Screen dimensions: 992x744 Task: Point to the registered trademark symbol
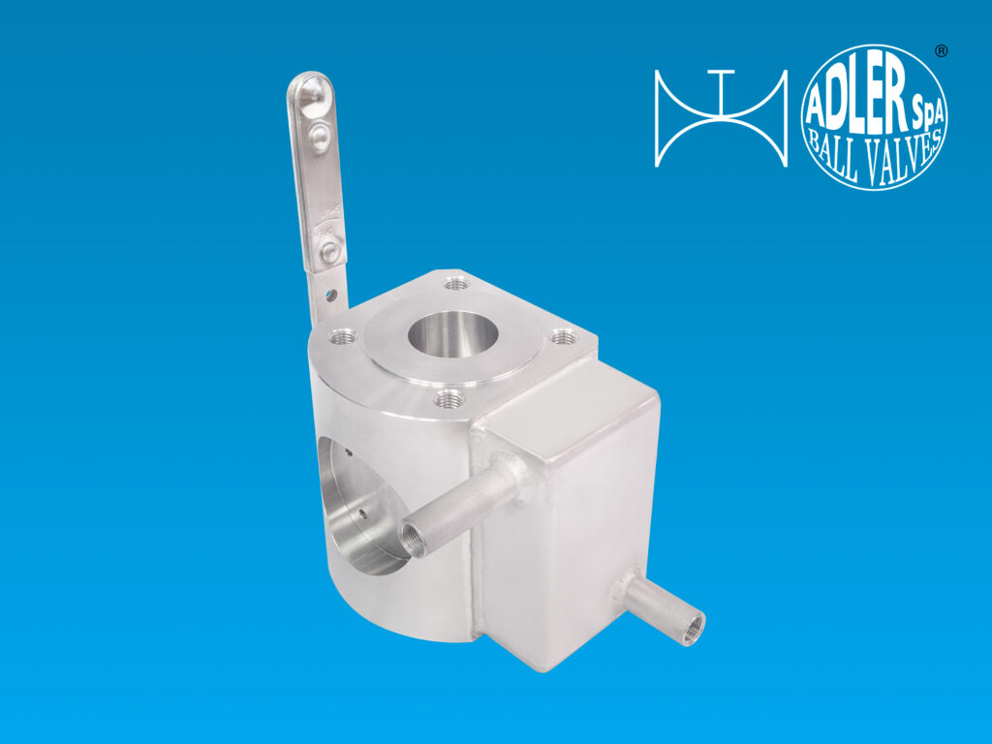pyautogui.click(x=941, y=51)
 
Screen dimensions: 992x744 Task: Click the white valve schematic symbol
pyautogui.click(x=721, y=117)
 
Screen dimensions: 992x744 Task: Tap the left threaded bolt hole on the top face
pyautogui.click(x=343, y=336)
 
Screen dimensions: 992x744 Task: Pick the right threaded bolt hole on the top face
pyautogui.click(x=563, y=338)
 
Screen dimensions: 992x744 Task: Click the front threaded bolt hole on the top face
pyautogui.click(x=449, y=399)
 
